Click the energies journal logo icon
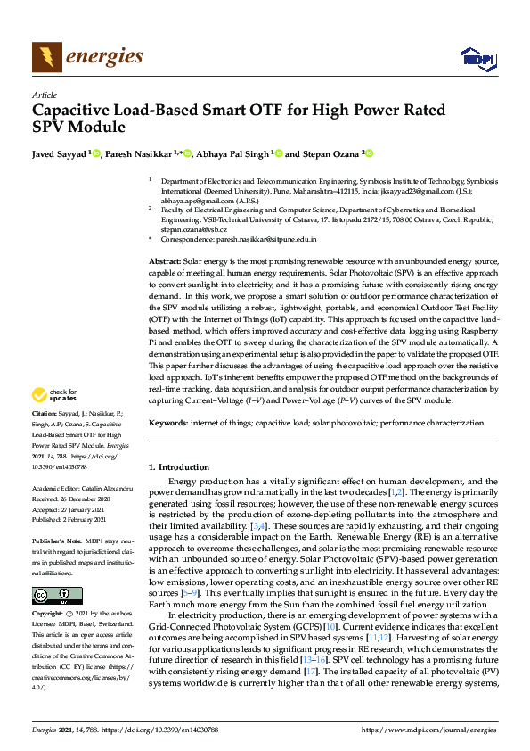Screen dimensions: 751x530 [x=46, y=57]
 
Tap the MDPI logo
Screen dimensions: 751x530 [x=477, y=59]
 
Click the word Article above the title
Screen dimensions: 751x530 [x=44, y=95]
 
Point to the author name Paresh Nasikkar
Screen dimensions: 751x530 [x=138, y=154]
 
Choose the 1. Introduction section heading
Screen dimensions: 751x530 [x=178, y=467]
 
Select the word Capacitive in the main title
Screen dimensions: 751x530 [x=72, y=111]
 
